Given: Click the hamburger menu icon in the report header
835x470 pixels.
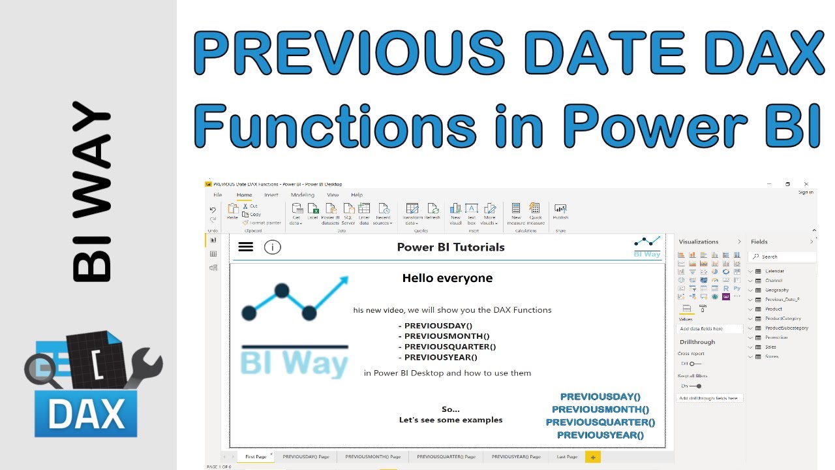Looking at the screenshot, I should coord(245,247).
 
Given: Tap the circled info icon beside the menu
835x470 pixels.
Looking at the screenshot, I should coord(272,247).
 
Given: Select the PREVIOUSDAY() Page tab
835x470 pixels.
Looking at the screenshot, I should coord(305,457).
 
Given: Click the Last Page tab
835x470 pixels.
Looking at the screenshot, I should coord(567,457).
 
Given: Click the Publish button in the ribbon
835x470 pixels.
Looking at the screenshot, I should coord(560,211).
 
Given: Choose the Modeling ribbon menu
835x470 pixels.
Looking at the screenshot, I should coord(303,195).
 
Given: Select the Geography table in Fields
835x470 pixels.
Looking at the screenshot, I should coord(776,290).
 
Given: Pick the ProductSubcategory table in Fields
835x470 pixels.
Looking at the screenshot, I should coord(786,328).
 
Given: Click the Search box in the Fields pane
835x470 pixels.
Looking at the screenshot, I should coord(782,257).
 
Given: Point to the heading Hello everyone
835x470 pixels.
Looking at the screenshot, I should coord(447,278).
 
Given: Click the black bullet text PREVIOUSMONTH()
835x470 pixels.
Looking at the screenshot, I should coord(446,336).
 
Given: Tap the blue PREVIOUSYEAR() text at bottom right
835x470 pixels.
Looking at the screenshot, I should coord(600,435).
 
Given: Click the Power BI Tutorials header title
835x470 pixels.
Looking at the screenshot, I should coord(450,247).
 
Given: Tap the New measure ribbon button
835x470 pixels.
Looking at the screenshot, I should coord(516,211).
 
